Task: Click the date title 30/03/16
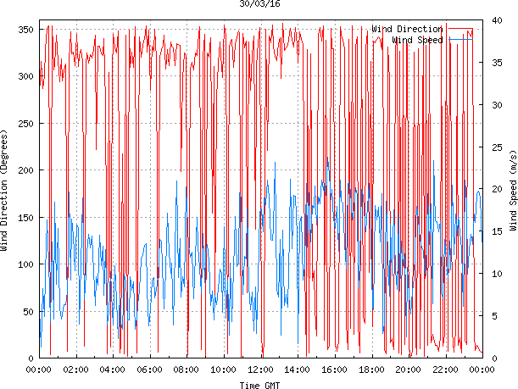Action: pos(260,4)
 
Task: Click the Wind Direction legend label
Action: pos(407,29)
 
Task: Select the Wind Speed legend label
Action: pos(418,40)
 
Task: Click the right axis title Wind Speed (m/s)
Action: pos(512,192)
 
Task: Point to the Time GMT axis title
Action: pos(260,385)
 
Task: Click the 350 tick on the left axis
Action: pos(24,30)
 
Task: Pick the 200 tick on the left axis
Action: pos(24,170)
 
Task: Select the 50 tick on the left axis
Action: pos(26,312)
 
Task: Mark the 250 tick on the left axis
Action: pos(24,124)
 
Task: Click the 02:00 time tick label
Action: pos(75,370)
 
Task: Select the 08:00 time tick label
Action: pos(187,370)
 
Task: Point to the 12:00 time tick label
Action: pos(260,370)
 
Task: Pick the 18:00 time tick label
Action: pos(371,370)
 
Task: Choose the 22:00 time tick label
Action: pos(445,370)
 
